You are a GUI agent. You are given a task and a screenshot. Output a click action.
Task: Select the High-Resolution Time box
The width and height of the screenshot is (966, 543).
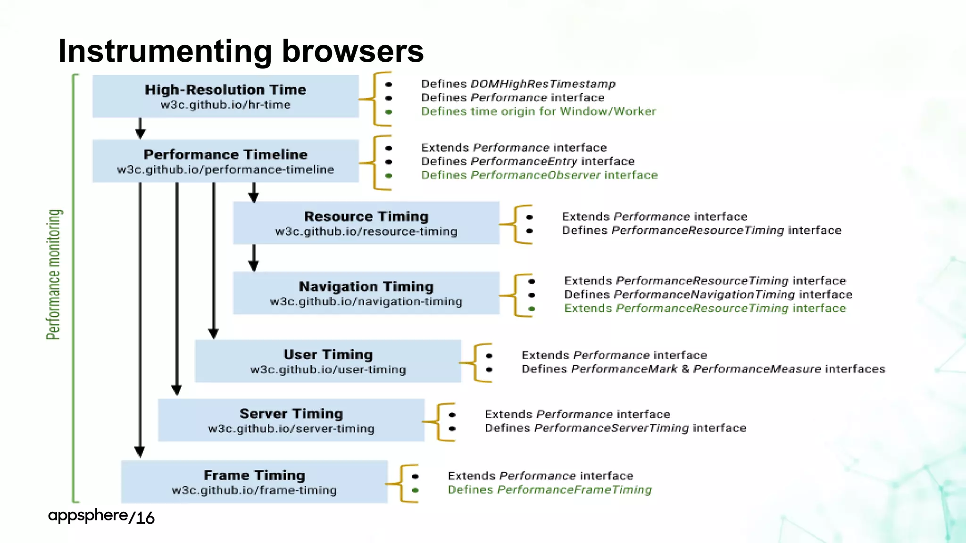pyautogui.click(x=225, y=96)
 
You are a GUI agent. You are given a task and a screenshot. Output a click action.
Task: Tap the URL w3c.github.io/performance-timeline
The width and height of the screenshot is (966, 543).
pyautogui.click(x=225, y=170)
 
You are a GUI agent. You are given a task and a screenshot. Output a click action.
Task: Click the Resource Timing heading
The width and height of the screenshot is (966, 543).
pyautogui.click(x=366, y=216)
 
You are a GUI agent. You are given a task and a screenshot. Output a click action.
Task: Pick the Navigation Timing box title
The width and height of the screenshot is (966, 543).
pyautogui.click(x=366, y=287)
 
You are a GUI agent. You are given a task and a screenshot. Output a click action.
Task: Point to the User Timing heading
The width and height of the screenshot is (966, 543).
pyautogui.click(x=328, y=354)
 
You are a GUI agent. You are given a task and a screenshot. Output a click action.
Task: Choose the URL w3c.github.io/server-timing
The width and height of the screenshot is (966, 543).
pyautogui.click(x=291, y=429)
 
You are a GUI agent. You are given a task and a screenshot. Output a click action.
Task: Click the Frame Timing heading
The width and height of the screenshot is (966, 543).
pyautogui.click(x=254, y=475)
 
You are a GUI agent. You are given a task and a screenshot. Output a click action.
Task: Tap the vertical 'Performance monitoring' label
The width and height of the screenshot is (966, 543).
pyautogui.click(x=54, y=274)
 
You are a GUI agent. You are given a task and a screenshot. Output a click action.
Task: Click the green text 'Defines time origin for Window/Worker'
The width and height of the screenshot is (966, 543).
pyautogui.click(x=538, y=112)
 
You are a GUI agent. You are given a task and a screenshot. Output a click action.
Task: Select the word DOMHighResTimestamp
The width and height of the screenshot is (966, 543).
pyautogui.click(x=543, y=84)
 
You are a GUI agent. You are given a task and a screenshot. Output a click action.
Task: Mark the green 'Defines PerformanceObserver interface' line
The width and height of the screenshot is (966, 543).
pyautogui.click(x=539, y=175)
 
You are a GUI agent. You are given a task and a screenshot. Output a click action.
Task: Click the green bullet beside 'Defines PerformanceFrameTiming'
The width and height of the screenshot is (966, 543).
pyautogui.click(x=415, y=490)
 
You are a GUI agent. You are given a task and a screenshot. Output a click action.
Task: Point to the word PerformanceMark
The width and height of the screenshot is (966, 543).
pyautogui.click(x=624, y=369)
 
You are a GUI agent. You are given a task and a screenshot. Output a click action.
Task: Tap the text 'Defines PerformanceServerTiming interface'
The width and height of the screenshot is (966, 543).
pyautogui.click(x=615, y=428)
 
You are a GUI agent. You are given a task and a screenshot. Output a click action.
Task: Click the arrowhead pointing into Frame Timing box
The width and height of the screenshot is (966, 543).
pyautogui.click(x=140, y=452)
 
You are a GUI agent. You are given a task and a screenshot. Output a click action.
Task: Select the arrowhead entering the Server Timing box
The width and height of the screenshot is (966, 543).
pyautogui.click(x=176, y=390)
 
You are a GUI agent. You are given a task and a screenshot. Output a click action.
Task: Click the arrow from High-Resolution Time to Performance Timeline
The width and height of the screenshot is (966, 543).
pyautogui.click(x=140, y=129)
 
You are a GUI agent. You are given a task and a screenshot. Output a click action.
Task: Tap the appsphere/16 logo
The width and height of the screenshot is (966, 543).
pyautogui.click(x=101, y=517)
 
